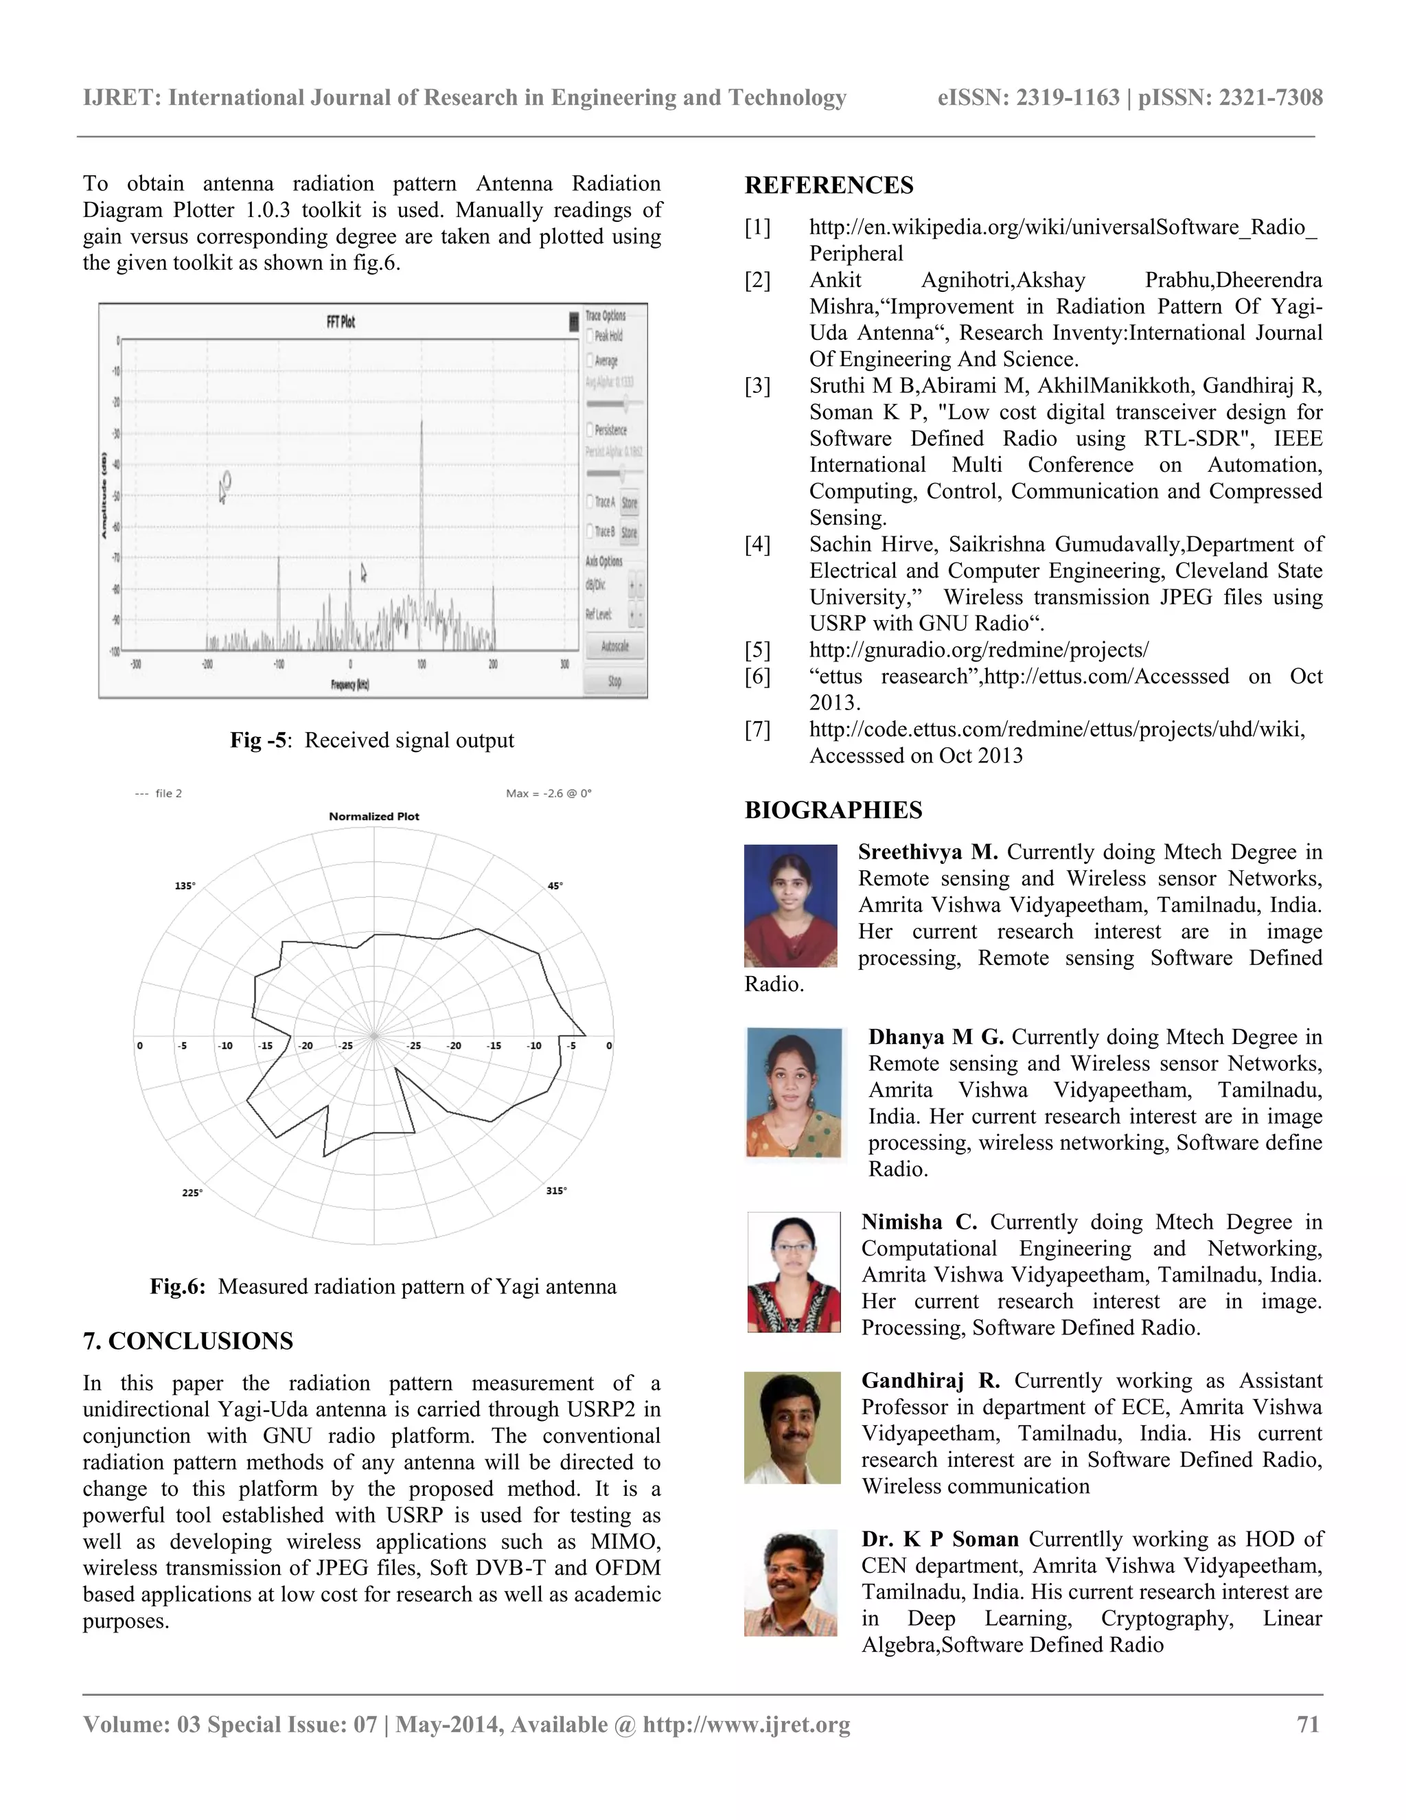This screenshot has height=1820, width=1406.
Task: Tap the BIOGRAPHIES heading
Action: coord(833,810)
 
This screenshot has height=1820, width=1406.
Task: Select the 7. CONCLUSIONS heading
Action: coord(188,1341)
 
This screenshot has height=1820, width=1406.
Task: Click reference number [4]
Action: coord(757,544)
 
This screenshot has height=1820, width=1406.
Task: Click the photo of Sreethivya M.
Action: coord(790,906)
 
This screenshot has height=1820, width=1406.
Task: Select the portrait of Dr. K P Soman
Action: coord(790,1582)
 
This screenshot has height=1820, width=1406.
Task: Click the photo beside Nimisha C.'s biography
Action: coord(793,1272)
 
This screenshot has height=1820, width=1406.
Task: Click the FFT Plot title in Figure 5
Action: coord(341,321)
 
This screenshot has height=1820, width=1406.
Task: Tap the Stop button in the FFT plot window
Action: coord(614,681)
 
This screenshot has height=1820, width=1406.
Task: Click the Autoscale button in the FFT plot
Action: coord(614,646)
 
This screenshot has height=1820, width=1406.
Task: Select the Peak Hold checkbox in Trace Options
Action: coord(590,336)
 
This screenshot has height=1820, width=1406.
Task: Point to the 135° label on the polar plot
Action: coord(185,886)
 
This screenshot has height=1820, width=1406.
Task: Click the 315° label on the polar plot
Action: coord(556,1191)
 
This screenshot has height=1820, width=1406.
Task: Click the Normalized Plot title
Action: coord(374,817)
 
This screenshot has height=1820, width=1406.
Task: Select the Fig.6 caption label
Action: coord(177,1286)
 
